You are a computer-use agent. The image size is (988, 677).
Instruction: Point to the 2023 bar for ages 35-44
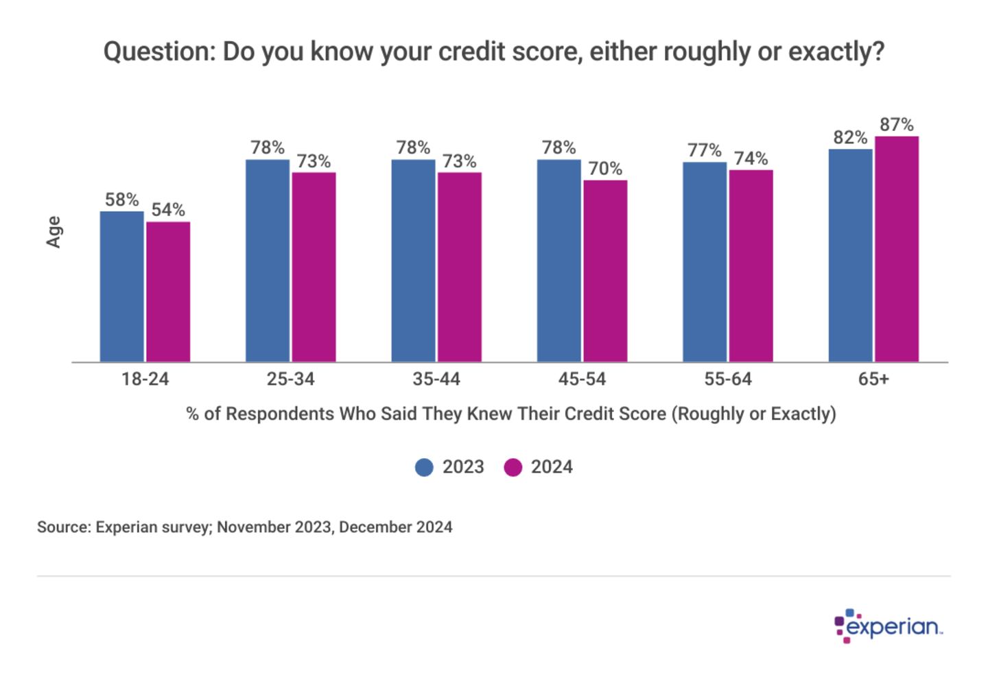[x=413, y=260]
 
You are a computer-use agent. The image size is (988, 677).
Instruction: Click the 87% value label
[x=896, y=125]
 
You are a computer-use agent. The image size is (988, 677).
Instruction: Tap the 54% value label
[x=168, y=209]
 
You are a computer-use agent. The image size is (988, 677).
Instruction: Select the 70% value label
[x=605, y=168]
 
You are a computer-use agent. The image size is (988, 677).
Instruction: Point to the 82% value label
[x=850, y=137]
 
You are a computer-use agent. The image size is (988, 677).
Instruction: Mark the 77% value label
[x=705, y=150]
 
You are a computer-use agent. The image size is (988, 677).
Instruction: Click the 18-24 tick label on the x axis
[x=145, y=379]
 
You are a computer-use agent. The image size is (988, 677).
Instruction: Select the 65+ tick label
[x=873, y=379]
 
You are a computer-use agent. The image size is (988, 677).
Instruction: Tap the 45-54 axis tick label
[x=582, y=379]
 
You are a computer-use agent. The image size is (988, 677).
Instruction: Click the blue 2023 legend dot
[x=425, y=467]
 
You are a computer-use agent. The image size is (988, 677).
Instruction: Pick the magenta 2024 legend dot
[x=513, y=467]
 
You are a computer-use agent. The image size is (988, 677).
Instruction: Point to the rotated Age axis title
[x=54, y=232]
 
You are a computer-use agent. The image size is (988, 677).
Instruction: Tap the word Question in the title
[x=158, y=51]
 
